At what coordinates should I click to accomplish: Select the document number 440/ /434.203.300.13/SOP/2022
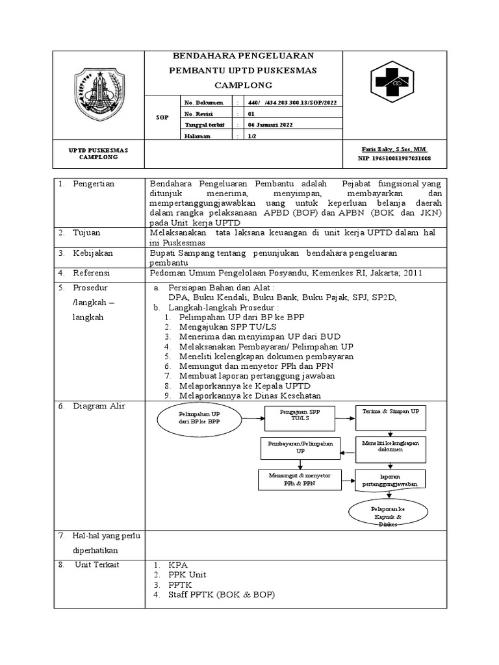click(292, 103)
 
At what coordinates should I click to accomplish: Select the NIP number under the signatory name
click(394, 158)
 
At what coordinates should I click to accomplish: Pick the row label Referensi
click(92, 273)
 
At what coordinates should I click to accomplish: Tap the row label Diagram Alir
click(99, 407)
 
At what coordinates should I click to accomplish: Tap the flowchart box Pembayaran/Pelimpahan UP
click(300, 447)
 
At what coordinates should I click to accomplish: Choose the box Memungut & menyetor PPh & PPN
click(300, 479)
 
